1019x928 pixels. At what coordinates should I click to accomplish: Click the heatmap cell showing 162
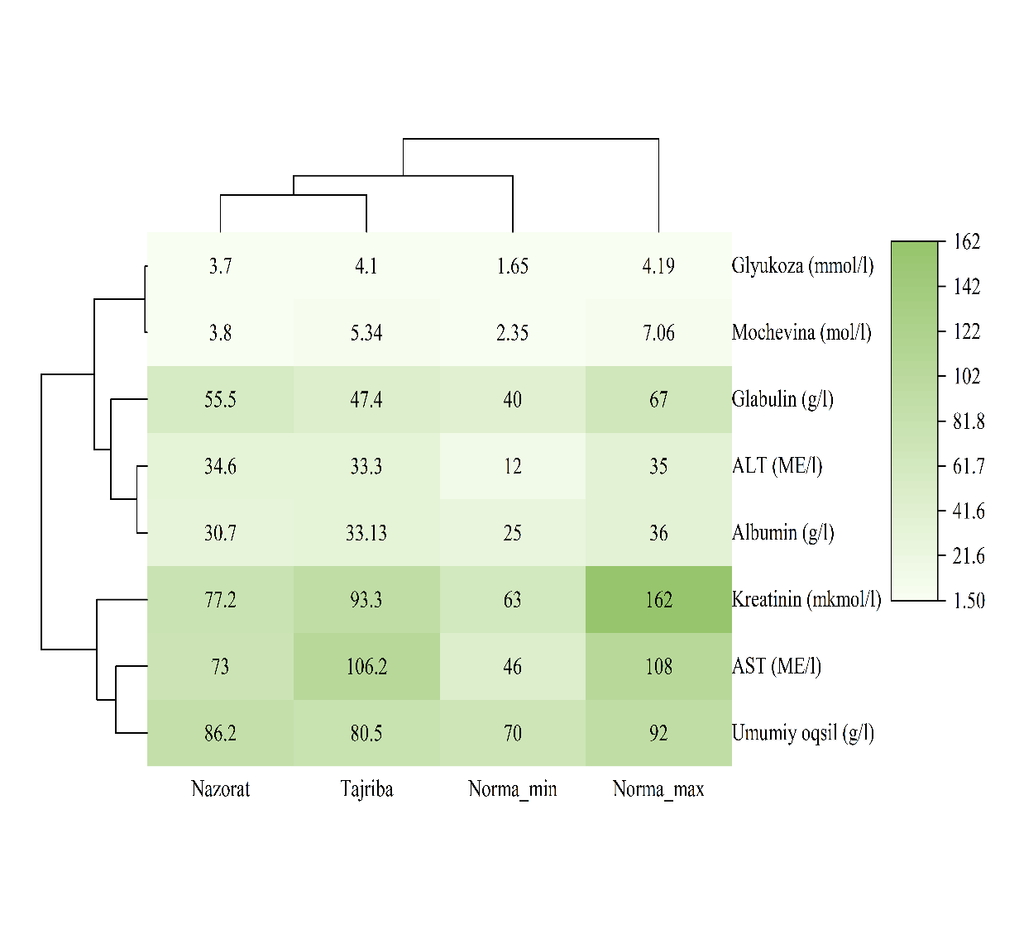658,599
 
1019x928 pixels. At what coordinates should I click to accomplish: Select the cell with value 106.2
366,666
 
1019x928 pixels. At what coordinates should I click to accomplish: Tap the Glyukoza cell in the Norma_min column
512,266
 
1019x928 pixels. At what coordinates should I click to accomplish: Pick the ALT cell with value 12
512,466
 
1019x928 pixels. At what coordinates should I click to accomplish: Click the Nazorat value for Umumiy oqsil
220,733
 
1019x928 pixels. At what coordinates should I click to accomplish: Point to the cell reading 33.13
366,533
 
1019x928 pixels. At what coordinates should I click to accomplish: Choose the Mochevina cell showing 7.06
658,333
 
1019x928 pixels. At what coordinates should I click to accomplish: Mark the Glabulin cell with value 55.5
220,400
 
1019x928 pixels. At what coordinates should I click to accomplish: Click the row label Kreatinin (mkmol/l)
806,599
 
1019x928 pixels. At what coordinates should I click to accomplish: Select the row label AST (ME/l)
776,666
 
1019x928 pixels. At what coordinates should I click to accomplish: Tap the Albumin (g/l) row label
782,533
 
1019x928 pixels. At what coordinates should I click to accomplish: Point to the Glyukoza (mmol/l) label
802,266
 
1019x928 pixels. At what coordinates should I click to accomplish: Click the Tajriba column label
366,789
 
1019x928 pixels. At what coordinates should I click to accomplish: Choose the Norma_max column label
658,789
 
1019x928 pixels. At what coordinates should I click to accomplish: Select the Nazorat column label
220,789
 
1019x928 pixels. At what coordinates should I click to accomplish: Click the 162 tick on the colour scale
967,242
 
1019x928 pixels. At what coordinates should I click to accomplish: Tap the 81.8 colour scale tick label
969,421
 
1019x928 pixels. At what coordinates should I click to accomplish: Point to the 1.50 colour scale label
969,601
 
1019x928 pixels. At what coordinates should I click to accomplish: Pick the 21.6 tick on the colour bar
969,556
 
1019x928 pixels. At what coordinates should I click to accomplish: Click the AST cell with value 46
512,666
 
